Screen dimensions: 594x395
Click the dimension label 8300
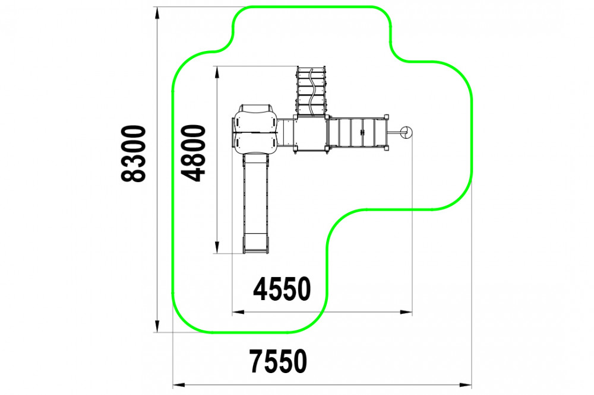coord(133,154)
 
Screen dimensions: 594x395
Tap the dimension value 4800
coord(193,154)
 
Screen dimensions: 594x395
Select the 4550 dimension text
coord(282,289)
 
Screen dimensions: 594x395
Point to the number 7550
coord(278,361)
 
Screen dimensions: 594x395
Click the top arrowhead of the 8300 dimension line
coord(157,13)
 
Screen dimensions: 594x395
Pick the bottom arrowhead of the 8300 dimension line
coord(157,326)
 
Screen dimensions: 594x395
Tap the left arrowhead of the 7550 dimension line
coord(179,385)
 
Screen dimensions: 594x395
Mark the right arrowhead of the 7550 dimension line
coord(466,385)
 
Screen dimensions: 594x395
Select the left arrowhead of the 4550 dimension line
coord(238,312)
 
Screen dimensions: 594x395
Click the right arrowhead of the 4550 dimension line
coord(406,312)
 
